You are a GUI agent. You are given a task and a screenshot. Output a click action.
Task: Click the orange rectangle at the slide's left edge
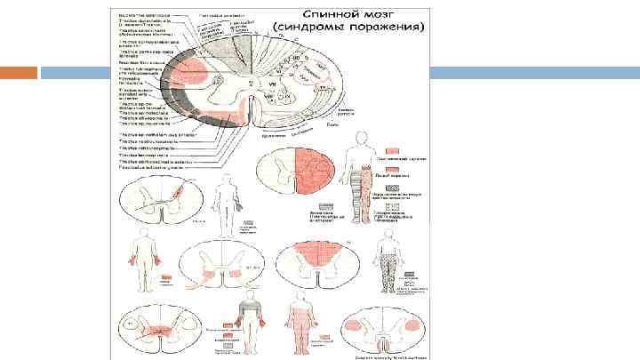(28, 74)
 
